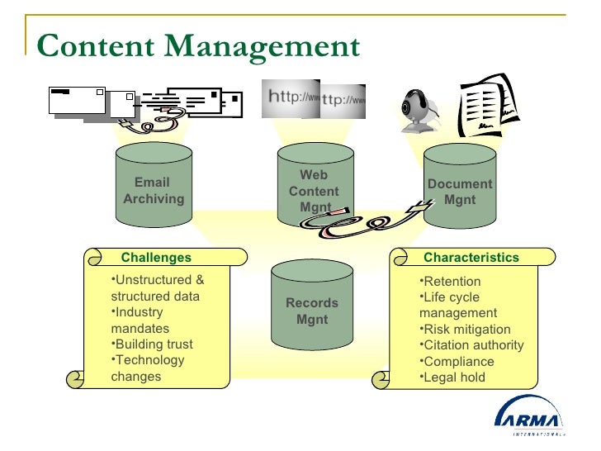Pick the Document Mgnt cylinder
pyautogui.click(x=460, y=191)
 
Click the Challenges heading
pyautogui.click(x=156, y=258)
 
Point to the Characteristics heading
pyautogui.click(x=471, y=258)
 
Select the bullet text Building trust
pyautogui.click(x=153, y=344)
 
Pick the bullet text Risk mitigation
pyautogui.click(x=466, y=330)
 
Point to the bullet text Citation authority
pyautogui.click(x=473, y=345)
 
